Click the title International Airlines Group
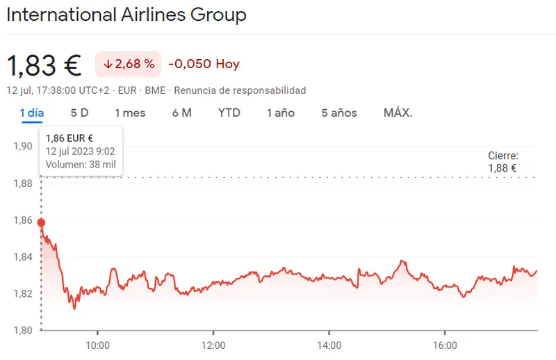(126, 15)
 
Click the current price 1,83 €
(44, 65)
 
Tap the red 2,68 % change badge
(129, 65)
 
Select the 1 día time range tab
(32, 113)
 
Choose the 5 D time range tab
(79, 113)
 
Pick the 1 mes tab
(130, 113)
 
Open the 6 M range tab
(181, 113)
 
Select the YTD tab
(229, 113)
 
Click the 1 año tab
(280, 113)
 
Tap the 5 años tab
(338, 113)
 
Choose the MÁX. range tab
(398, 113)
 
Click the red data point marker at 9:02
(41, 223)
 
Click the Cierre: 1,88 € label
(502, 162)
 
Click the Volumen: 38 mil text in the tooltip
(81, 165)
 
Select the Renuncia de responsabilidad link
(240, 90)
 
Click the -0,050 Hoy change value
(204, 64)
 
